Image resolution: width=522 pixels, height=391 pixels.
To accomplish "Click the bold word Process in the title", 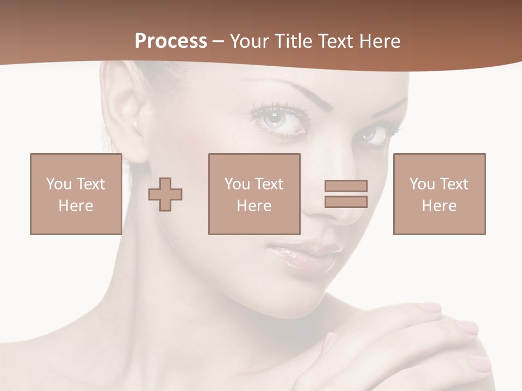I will pos(171,41).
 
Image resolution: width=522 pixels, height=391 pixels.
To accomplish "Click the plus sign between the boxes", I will pos(165,194).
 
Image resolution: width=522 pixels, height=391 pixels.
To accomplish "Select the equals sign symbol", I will pos(346,194).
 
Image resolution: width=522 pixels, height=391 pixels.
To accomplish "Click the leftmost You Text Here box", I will pos(76,194).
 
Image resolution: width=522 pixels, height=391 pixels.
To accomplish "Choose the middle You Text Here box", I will pos(254,194).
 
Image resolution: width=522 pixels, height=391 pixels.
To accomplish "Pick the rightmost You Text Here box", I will pos(439,194).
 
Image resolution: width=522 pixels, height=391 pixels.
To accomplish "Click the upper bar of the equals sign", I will pos(346,186).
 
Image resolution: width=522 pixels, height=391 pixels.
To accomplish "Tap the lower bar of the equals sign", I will pos(346,202).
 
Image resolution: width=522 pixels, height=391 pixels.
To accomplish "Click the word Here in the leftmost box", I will pos(76,206).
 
